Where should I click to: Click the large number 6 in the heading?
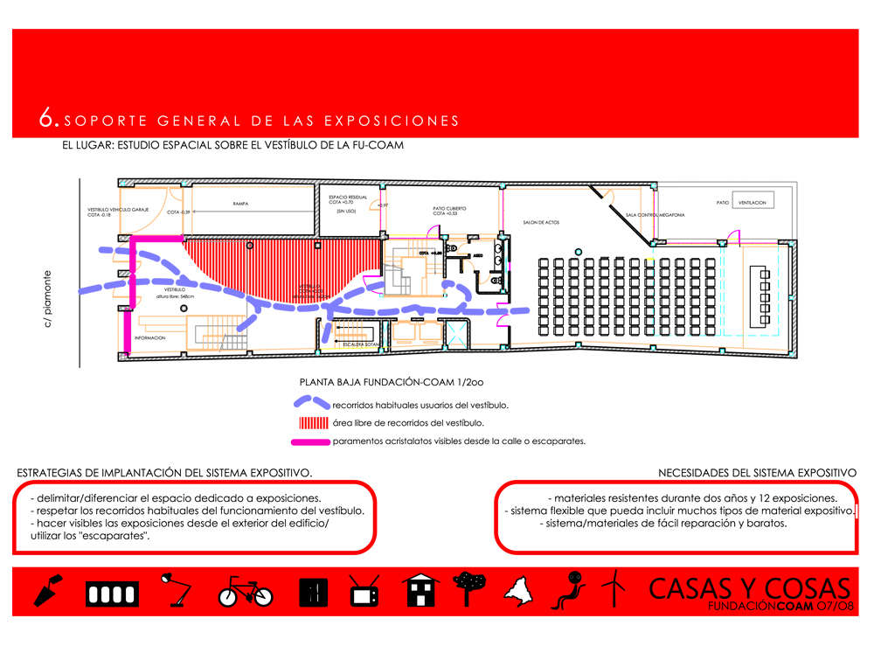click(48, 119)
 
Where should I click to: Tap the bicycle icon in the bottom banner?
click(246, 592)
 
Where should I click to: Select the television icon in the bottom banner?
click(364, 591)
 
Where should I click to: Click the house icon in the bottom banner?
click(421, 590)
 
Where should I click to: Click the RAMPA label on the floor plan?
click(240, 204)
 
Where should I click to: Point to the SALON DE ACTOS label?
click(541, 222)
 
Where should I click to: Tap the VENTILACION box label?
click(752, 202)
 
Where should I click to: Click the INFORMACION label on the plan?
click(149, 337)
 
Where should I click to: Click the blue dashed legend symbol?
click(311, 404)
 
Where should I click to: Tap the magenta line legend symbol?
click(311, 441)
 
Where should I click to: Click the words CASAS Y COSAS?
click(749, 587)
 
